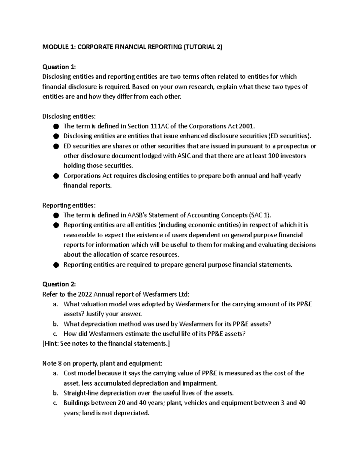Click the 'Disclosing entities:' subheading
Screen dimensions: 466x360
(69, 116)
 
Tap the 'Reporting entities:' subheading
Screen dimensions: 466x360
(69, 206)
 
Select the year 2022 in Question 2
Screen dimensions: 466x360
(85, 294)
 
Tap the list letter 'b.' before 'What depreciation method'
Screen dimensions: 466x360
(55, 324)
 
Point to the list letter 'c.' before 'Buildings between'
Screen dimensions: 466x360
(55, 403)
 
